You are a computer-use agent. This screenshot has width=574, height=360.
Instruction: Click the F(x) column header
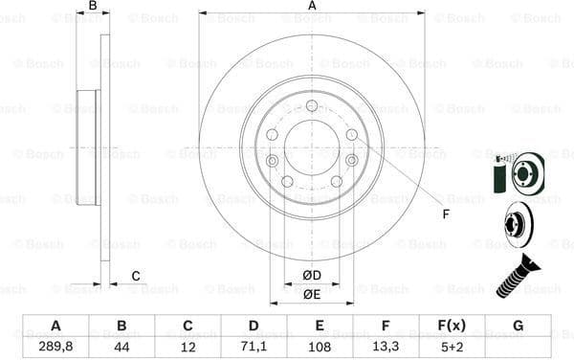pos(452,326)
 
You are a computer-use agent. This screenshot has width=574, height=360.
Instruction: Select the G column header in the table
pos(518,326)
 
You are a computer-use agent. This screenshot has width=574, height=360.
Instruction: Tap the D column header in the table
pos(254,326)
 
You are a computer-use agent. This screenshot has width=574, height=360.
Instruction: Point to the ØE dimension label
pos(312,294)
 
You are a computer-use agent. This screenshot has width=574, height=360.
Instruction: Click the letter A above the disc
pos(312,7)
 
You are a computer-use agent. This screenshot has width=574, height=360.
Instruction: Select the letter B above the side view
pos(93,7)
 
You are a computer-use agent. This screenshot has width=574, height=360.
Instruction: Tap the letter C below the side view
pos(136,277)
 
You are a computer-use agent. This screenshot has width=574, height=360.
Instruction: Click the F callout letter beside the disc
pos(446,213)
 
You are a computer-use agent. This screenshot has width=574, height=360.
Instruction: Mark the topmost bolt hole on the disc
pos(312,106)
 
